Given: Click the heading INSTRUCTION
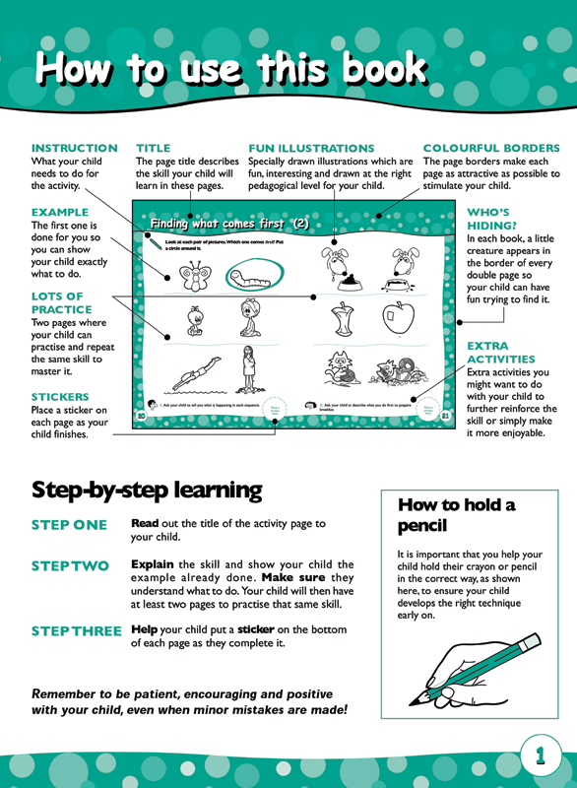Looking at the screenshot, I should coord(74,148).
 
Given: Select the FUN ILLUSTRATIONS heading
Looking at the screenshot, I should coord(311,148).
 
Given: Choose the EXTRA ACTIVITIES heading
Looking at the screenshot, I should coord(500,353).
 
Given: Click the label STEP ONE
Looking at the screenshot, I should coord(69,525).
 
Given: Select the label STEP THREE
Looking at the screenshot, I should coord(77,629).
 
